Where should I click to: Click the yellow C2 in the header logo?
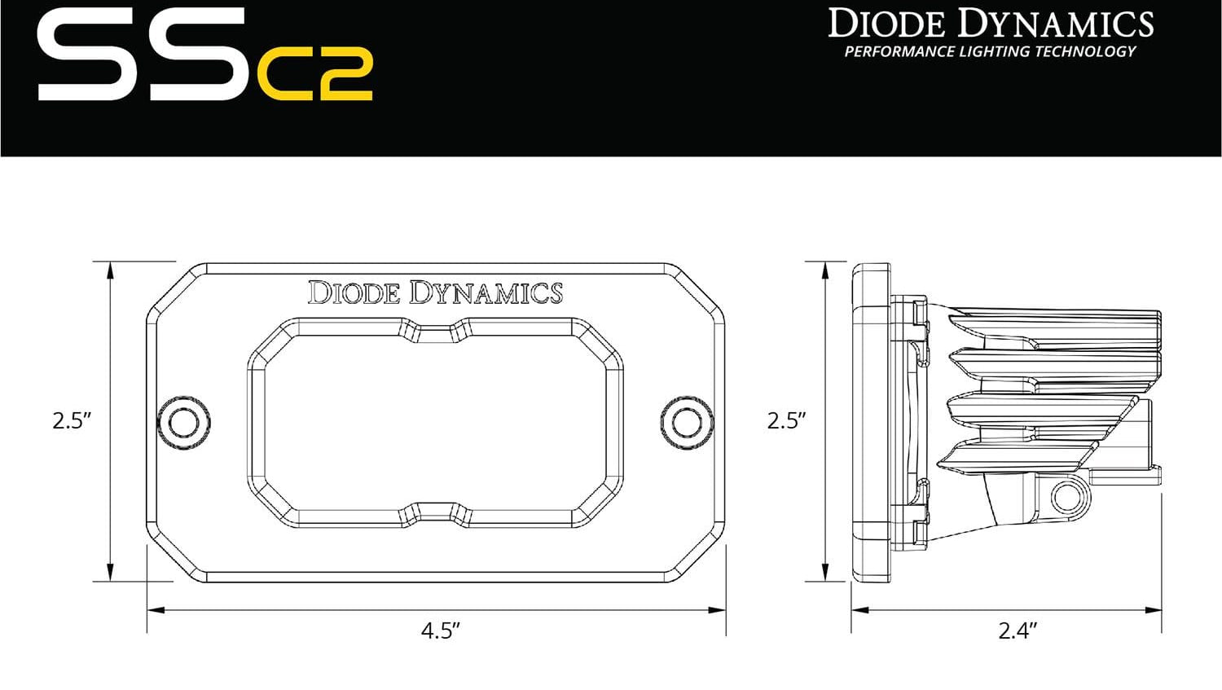click(315, 74)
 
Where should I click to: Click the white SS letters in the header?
click(143, 55)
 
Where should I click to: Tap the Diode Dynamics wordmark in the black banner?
click(991, 24)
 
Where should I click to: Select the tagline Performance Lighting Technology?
click(990, 51)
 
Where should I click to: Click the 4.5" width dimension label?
click(441, 631)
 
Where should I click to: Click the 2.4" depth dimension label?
click(1018, 631)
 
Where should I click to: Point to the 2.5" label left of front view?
click(72, 420)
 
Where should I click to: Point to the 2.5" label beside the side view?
click(786, 420)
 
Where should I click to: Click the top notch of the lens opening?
click(435, 329)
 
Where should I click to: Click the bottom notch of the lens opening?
click(435, 513)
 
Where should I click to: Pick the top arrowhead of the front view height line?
click(110, 270)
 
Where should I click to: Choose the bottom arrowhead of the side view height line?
click(825, 574)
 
